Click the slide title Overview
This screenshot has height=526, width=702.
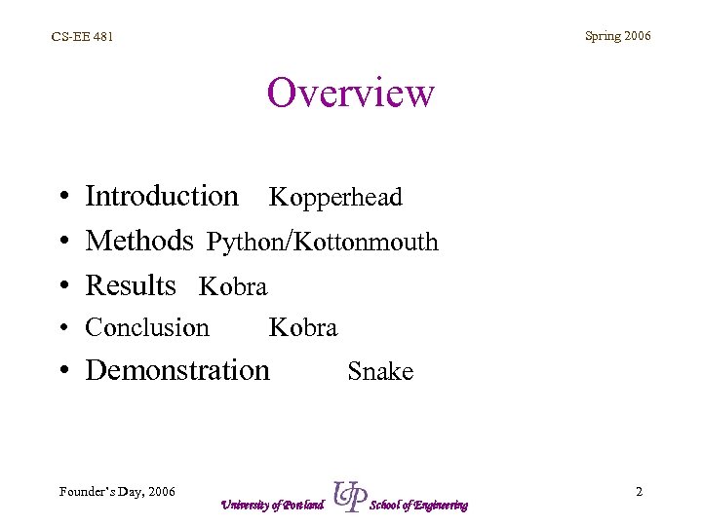pos(350,94)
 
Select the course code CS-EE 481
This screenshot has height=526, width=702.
pos(82,37)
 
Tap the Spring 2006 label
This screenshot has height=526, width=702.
pos(617,36)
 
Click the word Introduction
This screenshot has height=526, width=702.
pos(162,196)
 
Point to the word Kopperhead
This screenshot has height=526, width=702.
pos(335,198)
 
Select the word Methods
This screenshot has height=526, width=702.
pos(139,240)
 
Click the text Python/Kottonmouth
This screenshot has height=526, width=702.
pos(323,242)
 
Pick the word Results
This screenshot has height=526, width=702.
pos(131,285)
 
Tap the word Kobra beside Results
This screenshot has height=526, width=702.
pos(233,287)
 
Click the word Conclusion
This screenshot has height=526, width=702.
pos(147,327)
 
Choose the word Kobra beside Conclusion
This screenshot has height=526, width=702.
pos(303,328)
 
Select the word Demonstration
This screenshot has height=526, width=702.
pos(177,370)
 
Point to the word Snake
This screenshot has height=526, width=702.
pos(380,372)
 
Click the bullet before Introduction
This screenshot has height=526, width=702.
pos(61,198)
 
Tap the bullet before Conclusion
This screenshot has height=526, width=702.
pos(61,329)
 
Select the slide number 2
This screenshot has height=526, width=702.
pos(639,491)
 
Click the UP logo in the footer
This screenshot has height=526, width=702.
pos(349,497)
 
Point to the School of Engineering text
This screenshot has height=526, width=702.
pos(419,505)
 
